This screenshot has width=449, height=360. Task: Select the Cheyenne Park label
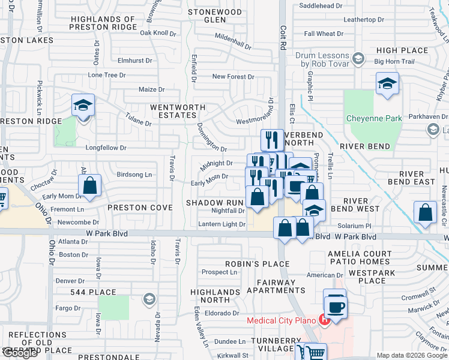click(374, 118)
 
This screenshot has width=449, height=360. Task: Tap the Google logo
click(20, 353)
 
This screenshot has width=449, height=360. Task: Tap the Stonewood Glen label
click(214, 16)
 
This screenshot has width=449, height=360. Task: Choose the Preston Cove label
click(140, 208)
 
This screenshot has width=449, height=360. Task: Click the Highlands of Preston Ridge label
click(103, 23)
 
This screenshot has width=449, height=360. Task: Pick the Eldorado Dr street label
click(221, 312)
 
